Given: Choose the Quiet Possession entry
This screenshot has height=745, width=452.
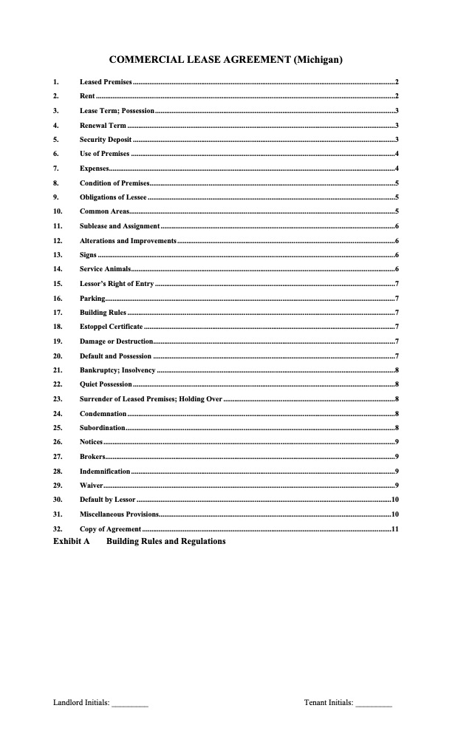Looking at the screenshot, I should pos(106,384).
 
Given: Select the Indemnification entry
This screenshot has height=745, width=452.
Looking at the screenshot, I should pos(105,471).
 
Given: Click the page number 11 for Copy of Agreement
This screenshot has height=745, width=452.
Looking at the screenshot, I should pos(395,529).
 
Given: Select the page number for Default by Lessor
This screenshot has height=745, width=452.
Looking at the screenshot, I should pos(395,500).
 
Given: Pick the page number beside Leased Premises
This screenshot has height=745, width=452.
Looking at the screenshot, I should pos(397,82).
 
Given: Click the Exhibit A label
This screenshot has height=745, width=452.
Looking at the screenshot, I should pos(71,542).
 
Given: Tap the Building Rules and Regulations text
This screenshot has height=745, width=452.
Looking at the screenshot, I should pos(166,542).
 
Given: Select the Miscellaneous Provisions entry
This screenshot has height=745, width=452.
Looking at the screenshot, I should pos(119,514).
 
